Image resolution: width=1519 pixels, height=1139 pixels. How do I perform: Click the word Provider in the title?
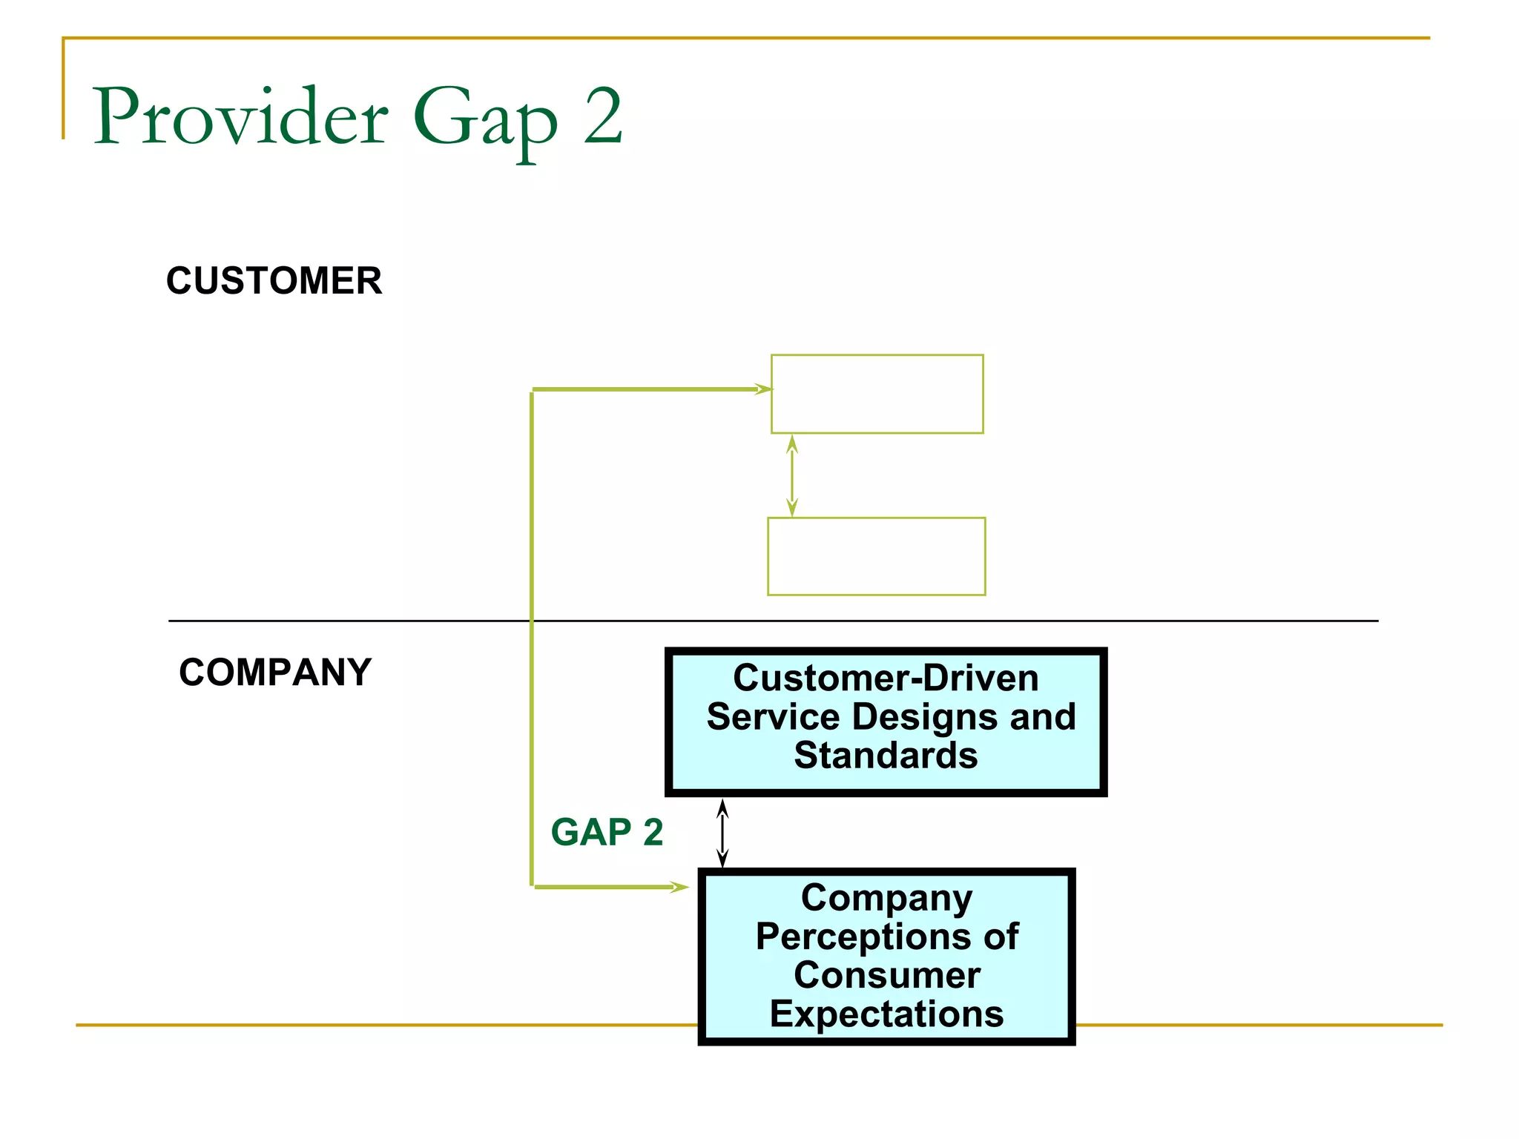coord(240,116)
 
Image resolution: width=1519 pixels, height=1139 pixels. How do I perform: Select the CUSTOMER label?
coord(274,281)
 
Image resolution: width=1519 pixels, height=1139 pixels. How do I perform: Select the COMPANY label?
coord(275,673)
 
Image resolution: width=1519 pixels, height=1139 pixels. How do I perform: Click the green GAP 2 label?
coord(607,832)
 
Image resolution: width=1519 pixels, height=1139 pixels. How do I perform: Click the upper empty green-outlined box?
coord(877,394)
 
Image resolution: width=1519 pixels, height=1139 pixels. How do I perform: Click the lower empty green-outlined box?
coord(876,556)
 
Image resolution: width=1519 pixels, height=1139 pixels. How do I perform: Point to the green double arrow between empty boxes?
coord(792,475)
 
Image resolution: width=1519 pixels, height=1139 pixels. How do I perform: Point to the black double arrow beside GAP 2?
coord(722,833)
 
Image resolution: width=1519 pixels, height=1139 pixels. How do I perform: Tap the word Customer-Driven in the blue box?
coord(886,678)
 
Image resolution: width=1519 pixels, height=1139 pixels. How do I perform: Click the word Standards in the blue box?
coord(886,756)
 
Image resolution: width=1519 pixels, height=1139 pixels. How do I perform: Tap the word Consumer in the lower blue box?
coord(887,975)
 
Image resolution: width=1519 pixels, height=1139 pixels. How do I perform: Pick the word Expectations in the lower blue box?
coord(887,1014)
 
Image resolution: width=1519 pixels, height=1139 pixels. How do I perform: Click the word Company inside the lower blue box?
coord(887,898)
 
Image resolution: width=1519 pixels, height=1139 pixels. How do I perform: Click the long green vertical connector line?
coord(532,638)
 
